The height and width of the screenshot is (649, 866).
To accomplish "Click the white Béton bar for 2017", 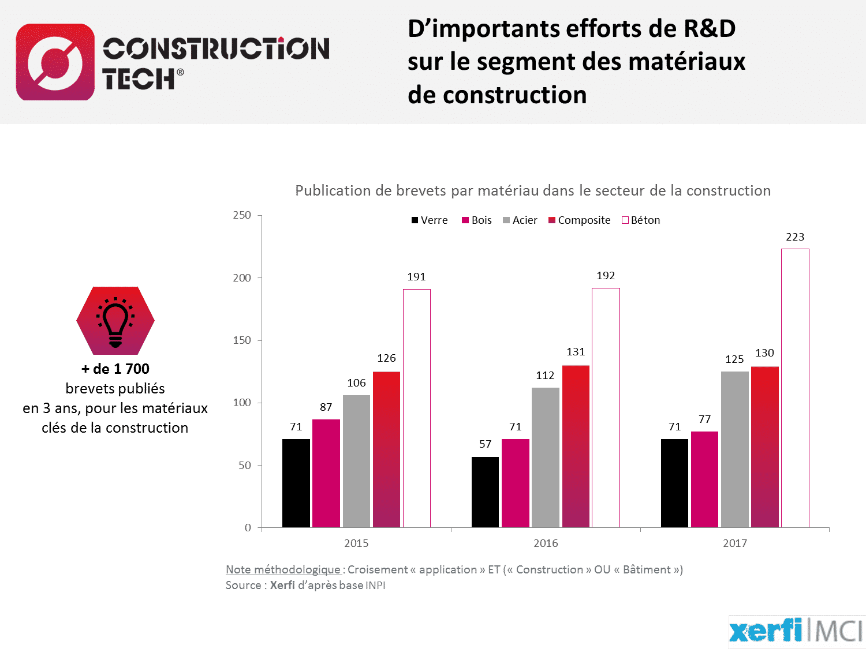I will click(x=795, y=388).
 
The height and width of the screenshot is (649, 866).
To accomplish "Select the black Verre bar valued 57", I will click(x=485, y=492).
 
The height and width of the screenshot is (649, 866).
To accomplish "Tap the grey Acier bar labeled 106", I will click(x=356, y=461).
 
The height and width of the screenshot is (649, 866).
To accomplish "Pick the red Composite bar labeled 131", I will click(x=576, y=446).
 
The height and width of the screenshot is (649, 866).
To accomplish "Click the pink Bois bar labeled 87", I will click(x=326, y=473).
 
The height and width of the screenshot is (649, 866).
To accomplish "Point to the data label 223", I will click(x=795, y=237).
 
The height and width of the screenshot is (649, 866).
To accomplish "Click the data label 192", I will click(x=606, y=276).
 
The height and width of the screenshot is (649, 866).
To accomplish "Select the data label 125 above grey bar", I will click(x=734, y=359).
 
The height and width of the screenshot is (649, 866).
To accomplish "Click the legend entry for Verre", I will click(x=430, y=220).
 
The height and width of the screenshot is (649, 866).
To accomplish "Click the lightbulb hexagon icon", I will click(x=115, y=321).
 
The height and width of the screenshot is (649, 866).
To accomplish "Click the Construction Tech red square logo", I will click(x=55, y=62).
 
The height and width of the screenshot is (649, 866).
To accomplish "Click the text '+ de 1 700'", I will click(x=115, y=369).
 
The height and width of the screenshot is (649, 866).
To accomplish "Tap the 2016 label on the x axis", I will click(x=546, y=543).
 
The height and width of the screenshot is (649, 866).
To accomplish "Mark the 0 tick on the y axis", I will click(x=248, y=528).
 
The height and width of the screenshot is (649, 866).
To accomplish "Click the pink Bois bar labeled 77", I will click(x=704, y=479).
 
